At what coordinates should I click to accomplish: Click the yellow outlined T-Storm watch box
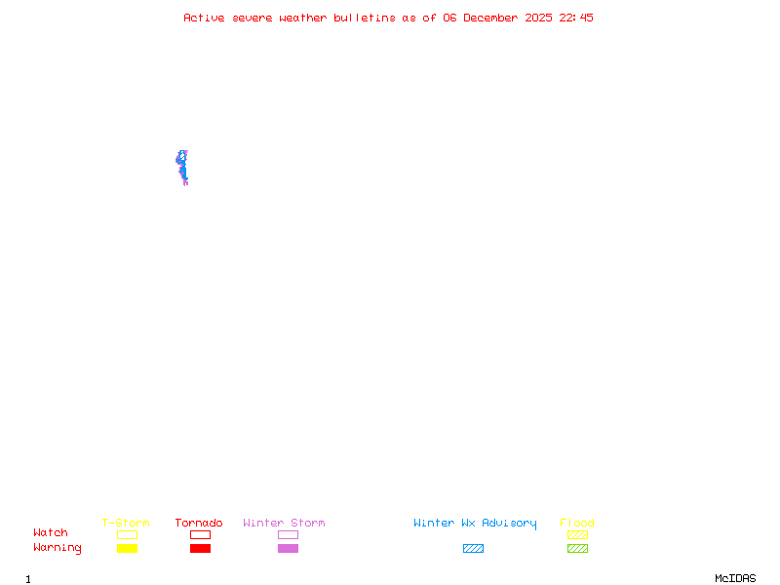pos(127,534)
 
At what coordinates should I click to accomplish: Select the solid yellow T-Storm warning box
pos(127,548)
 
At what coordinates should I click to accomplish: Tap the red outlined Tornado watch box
pos(200,534)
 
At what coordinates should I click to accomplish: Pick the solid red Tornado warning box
pos(200,548)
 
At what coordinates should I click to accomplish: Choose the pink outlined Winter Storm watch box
pos(288,534)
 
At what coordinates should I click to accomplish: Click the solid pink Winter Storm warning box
pos(288,548)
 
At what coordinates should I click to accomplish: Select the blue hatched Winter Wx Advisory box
pos(473,548)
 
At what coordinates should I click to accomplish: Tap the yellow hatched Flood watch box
pos(577,534)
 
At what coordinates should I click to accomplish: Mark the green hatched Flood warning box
pos(577,548)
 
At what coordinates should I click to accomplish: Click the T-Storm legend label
pos(126,523)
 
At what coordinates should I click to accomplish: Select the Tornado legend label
pos(199,523)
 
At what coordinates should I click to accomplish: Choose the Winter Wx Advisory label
pos(475,523)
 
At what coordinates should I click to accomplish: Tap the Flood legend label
pos(577,523)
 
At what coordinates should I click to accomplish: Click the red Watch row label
pos(51,533)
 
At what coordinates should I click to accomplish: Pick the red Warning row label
pos(58,548)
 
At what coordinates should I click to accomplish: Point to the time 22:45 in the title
pos(576,18)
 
